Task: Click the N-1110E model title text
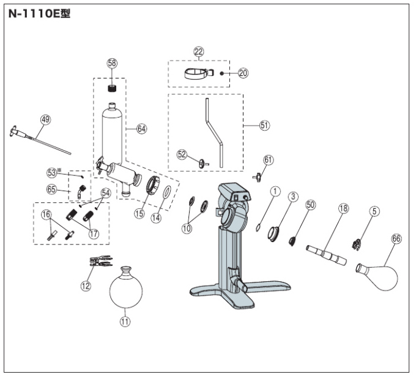tap(39, 13)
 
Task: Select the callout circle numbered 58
tap(112, 63)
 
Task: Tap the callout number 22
tap(199, 51)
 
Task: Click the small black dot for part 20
tap(222, 73)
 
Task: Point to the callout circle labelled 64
tap(142, 129)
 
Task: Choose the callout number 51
tap(264, 125)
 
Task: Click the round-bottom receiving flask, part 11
tap(126, 287)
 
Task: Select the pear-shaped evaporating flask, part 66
tap(377, 276)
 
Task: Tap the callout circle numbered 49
tap(46, 120)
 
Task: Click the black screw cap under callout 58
tap(113, 88)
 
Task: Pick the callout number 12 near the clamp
tap(86, 286)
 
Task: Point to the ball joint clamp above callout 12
tap(101, 261)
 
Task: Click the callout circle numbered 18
tap(344, 208)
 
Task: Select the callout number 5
tap(374, 211)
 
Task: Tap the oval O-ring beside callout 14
tap(166, 192)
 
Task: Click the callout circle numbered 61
tap(268, 160)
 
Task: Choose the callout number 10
tap(187, 228)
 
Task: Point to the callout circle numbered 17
tap(94, 234)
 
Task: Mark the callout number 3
tap(293, 197)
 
